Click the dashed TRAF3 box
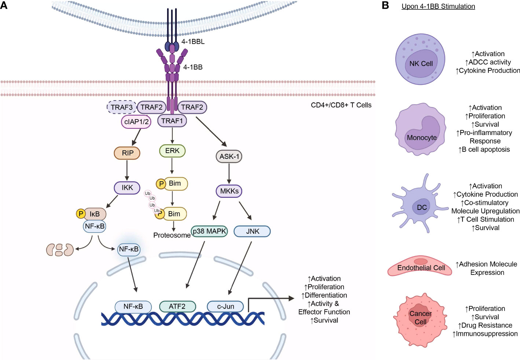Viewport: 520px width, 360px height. click(x=121, y=107)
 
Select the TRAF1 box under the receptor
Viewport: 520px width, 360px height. click(x=172, y=121)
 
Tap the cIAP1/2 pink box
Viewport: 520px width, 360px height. click(x=136, y=122)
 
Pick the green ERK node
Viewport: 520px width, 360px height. click(x=172, y=151)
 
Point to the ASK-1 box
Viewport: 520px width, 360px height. click(x=229, y=157)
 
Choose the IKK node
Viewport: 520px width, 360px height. click(x=127, y=188)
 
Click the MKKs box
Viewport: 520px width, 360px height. click(x=229, y=191)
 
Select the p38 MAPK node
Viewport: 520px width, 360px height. click(x=209, y=231)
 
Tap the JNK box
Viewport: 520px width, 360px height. click(x=253, y=231)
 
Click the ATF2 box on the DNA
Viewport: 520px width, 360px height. click(x=177, y=306)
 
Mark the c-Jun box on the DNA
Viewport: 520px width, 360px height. click(x=226, y=306)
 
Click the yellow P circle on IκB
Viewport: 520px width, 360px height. click(x=81, y=214)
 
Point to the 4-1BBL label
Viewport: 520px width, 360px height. click(x=193, y=42)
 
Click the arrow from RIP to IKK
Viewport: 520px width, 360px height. click(x=127, y=170)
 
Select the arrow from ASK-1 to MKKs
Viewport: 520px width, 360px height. click(x=229, y=173)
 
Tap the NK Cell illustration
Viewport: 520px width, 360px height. click(x=420, y=59)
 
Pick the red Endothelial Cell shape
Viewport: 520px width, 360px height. click(x=420, y=267)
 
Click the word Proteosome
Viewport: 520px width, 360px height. click(x=172, y=235)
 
